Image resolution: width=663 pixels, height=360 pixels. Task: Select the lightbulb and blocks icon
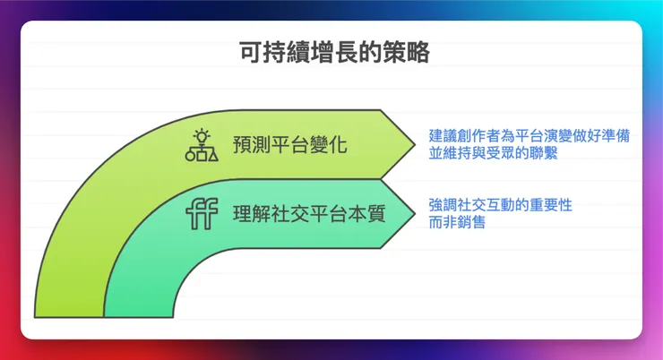tap(202, 145)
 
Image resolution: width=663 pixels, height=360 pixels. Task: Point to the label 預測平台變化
tap(290, 145)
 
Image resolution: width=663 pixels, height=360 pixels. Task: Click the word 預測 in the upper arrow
tap(247, 145)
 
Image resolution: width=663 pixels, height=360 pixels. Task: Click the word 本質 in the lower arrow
tap(371, 215)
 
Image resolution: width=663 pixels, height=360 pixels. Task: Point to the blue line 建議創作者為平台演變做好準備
tap(529, 135)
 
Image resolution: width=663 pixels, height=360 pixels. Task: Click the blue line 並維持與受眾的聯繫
tap(499, 153)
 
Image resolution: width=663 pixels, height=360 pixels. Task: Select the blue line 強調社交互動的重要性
tap(500, 205)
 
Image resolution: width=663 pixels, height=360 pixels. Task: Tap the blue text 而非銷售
tap(457, 222)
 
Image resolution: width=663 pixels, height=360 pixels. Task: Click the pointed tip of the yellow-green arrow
tap(414, 144)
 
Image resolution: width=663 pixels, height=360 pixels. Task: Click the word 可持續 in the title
tap(263, 53)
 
